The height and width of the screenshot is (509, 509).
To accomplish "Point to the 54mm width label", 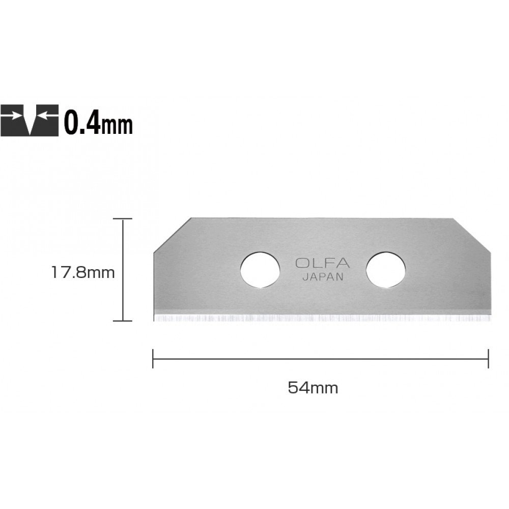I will pyautogui.click(x=313, y=388).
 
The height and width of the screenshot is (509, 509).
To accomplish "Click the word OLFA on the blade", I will pyautogui.click(x=322, y=264).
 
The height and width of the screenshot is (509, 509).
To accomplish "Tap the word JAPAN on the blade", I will pyautogui.click(x=323, y=277).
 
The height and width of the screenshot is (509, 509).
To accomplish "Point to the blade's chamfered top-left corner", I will pyautogui.click(x=172, y=235).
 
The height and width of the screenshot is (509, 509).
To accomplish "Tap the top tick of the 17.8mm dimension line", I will pyautogui.click(x=123, y=218).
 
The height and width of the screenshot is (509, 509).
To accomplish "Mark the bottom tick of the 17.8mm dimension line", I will pyautogui.click(x=123, y=321).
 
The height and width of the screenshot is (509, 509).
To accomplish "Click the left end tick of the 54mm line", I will pyautogui.click(x=153, y=358).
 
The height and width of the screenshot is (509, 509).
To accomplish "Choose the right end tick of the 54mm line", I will pyautogui.click(x=489, y=358).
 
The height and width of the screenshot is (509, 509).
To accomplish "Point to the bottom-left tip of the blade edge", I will pyautogui.click(x=154, y=320).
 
